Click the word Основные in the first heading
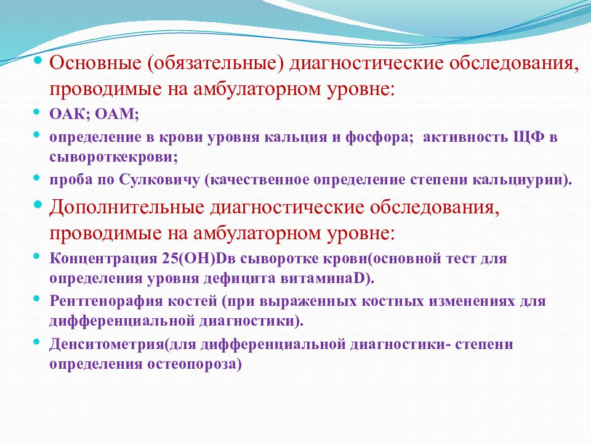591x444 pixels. pos(95,63)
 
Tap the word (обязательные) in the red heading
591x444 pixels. pos(215,64)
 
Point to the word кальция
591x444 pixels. pos(296,138)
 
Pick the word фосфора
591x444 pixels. pos(377,138)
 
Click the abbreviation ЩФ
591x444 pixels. pos(529,137)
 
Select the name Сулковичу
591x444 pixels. pos(159,180)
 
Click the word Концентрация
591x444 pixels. pos(103,260)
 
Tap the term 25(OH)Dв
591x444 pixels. pos(199,259)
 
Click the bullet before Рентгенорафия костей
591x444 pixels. pos(36,298)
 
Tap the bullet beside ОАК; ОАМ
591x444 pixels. pos(36,112)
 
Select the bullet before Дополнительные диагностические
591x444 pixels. pos(38,205)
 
